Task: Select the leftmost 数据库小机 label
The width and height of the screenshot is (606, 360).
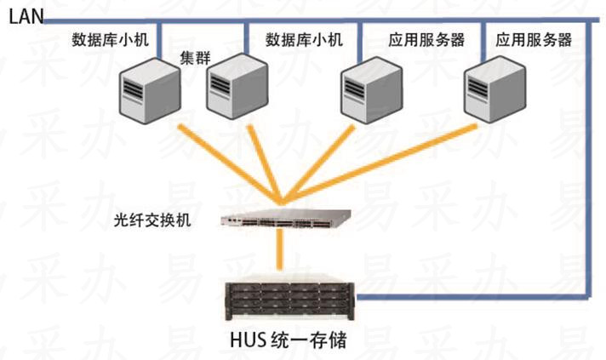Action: pos(112,39)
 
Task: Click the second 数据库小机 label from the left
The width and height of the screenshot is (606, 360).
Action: pos(304,39)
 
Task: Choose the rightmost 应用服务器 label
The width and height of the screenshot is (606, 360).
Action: pos(534,39)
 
